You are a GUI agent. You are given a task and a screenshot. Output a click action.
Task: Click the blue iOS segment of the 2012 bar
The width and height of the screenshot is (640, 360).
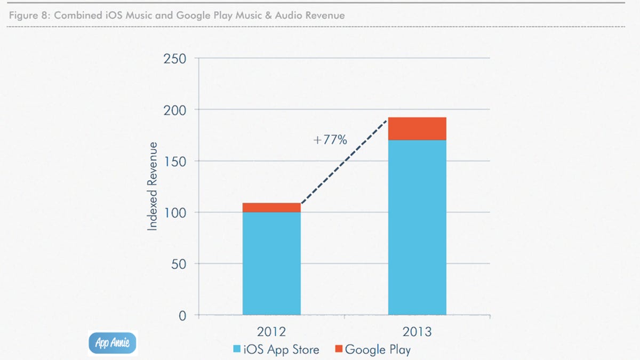click(271, 263)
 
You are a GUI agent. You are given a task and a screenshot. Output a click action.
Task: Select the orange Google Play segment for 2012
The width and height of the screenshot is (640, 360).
click(271, 207)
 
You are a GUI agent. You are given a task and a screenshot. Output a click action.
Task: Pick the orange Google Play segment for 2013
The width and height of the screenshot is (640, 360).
click(417, 129)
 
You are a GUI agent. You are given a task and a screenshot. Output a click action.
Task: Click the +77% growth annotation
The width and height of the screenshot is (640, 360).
click(330, 140)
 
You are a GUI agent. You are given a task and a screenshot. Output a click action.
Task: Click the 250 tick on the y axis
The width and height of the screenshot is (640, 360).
click(175, 58)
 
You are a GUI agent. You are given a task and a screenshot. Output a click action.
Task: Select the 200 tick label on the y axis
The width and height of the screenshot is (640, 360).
click(175, 110)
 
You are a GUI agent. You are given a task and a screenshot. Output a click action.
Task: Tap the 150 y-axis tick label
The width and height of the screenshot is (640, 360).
click(175, 161)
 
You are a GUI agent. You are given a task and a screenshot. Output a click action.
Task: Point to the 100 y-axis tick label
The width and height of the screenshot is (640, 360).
click(175, 213)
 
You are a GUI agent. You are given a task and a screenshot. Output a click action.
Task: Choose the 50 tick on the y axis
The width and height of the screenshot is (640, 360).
click(179, 264)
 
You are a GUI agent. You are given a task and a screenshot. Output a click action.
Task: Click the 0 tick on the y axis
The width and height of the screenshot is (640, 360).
click(182, 316)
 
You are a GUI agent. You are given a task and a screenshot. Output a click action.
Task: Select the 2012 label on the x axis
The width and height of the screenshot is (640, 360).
click(271, 332)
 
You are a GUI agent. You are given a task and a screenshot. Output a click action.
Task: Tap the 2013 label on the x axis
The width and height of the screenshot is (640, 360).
click(417, 332)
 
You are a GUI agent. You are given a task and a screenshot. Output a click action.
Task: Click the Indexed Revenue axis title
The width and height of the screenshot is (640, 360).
click(153, 186)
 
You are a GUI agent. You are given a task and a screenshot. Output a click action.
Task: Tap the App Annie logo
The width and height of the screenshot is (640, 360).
click(113, 342)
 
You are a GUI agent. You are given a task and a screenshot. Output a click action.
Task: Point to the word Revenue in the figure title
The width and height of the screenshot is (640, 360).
click(325, 15)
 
